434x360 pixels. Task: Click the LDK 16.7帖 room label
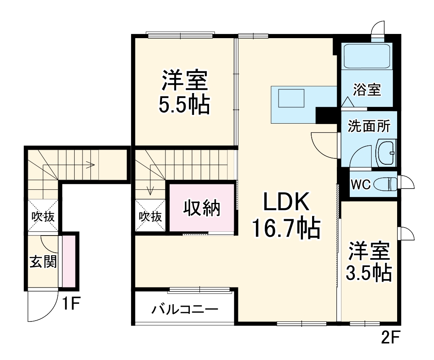286,216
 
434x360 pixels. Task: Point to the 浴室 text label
367,90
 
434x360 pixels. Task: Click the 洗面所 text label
369,126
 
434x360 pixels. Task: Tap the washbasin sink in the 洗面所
385,153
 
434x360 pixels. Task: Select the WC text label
360,185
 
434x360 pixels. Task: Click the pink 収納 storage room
201,207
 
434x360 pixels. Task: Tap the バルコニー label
185,310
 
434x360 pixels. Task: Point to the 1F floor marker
72,303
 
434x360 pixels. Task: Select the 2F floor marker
391,337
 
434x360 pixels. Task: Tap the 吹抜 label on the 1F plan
43,217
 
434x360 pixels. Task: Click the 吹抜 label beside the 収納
151,217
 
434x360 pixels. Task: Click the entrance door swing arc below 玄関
42,306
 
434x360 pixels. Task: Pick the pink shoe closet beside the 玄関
68,261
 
